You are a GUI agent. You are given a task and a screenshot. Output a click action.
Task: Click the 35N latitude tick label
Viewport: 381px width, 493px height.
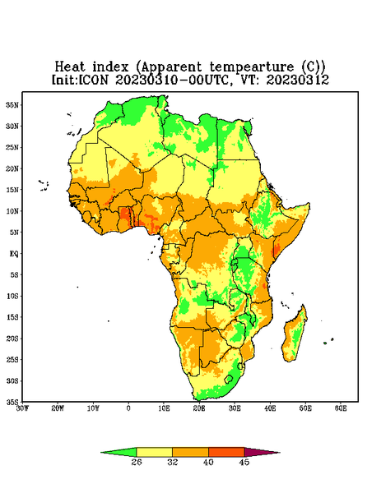pos(12,105)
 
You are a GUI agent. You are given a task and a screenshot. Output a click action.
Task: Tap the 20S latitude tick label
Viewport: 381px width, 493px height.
pos(12,339)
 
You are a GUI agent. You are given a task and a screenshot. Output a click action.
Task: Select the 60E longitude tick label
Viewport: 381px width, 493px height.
pos(341,408)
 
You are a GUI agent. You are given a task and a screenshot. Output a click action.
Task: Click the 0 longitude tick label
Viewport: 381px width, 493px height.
pos(128,408)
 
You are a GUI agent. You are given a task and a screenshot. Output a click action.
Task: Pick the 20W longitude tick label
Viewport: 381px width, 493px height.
pos(58,408)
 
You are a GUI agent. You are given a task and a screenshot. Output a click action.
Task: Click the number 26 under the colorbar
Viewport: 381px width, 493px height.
pos(137,462)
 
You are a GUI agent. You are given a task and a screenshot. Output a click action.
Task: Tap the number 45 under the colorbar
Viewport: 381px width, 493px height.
pos(244,462)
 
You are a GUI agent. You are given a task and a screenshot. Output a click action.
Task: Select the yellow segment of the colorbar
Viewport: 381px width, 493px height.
pos(154,452)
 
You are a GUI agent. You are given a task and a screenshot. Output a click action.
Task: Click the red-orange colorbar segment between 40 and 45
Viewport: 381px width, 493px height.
pos(226,452)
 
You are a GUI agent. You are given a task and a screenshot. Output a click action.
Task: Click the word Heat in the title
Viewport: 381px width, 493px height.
pos(70,67)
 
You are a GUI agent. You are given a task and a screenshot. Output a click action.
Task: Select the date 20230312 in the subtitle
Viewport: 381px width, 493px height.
pos(298,80)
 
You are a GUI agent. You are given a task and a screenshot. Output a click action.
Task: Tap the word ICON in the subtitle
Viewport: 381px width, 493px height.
pos(94,80)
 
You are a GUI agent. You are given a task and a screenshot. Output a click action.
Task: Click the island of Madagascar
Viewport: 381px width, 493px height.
pos(295,336)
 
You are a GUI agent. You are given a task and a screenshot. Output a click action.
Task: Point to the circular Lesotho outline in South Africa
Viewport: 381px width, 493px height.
pos(229,379)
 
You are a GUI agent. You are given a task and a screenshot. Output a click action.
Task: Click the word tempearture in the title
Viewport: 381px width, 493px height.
pos(252,67)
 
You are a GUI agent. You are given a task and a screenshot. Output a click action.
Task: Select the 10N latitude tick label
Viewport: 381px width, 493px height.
pos(12,211)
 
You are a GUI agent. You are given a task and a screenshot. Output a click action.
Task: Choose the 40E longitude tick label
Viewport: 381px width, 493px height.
pos(270,408)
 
